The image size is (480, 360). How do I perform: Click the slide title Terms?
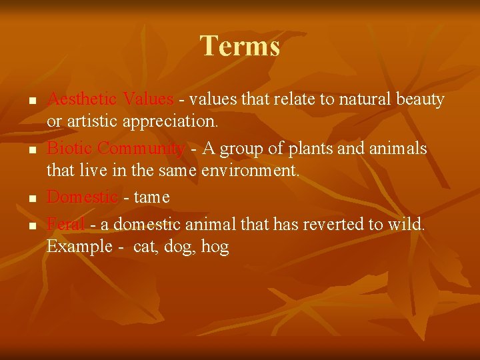[240, 46]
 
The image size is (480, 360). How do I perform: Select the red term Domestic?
[82, 197]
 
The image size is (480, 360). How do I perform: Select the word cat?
[145, 247]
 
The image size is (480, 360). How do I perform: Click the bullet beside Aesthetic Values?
[31, 101]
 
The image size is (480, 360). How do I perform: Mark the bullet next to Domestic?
[31, 199]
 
